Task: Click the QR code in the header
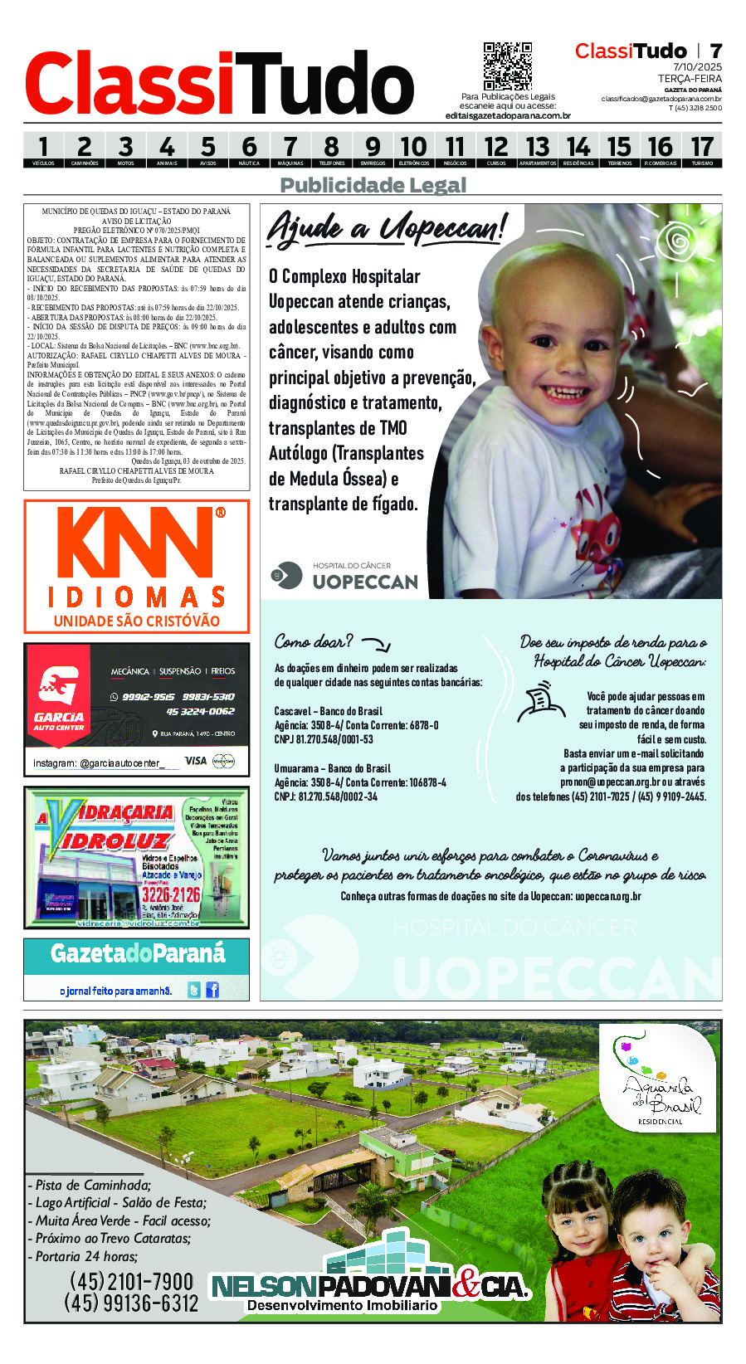click(507, 66)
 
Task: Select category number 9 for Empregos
click(373, 149)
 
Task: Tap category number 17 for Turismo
click(702, 149)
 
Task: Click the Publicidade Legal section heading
click(373, 185)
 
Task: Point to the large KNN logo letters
click(137, 543)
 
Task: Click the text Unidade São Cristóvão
click(137, 621)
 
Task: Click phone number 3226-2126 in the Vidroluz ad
click(170, 894)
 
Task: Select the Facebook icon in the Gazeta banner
click(212, 990)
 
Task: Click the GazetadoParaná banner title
click(137, 954)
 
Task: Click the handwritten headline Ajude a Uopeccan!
click(386, 227)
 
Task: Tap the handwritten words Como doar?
click(314, 641)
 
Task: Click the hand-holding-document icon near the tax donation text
click(541, 702)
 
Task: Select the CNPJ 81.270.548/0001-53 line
click(324, 739)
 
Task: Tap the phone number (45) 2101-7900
click(131, 1282)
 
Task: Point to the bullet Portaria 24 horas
click(83, 1256)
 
